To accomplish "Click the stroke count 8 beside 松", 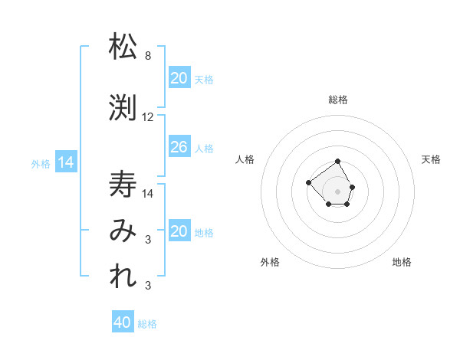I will tap(148, 56).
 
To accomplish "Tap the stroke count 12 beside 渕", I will tap(148, 117).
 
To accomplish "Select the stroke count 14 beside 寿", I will tap(148, 193).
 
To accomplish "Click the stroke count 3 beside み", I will tap(148, 241).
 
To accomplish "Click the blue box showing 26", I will tap(179, 147).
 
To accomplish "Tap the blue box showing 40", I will tap(123, 322).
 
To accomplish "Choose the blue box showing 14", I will tap(66, 162).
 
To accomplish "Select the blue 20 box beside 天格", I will tap(179, 77).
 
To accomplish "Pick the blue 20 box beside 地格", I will tap(179, 231).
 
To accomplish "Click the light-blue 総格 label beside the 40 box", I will tap(147, 324).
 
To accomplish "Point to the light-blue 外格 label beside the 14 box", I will tap(41, 163).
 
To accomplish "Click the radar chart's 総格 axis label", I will tap(337, 100).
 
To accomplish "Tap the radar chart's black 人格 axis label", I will tap(245, 159).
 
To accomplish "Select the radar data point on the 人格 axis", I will tap(308, 182).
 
